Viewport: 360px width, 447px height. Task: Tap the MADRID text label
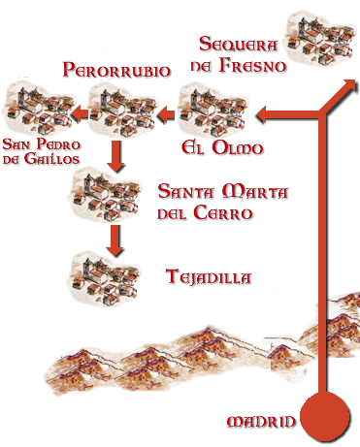tap(260, 422)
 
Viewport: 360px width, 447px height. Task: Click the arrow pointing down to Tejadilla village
tap(115, 239)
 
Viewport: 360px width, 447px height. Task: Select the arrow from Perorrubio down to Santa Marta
tap(115, 155)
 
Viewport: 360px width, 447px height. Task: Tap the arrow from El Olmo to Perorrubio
tap(166, 117)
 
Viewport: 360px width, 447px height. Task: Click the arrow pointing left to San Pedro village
tap(82, 117)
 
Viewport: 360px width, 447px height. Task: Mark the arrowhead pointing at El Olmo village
tap(263, 117)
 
